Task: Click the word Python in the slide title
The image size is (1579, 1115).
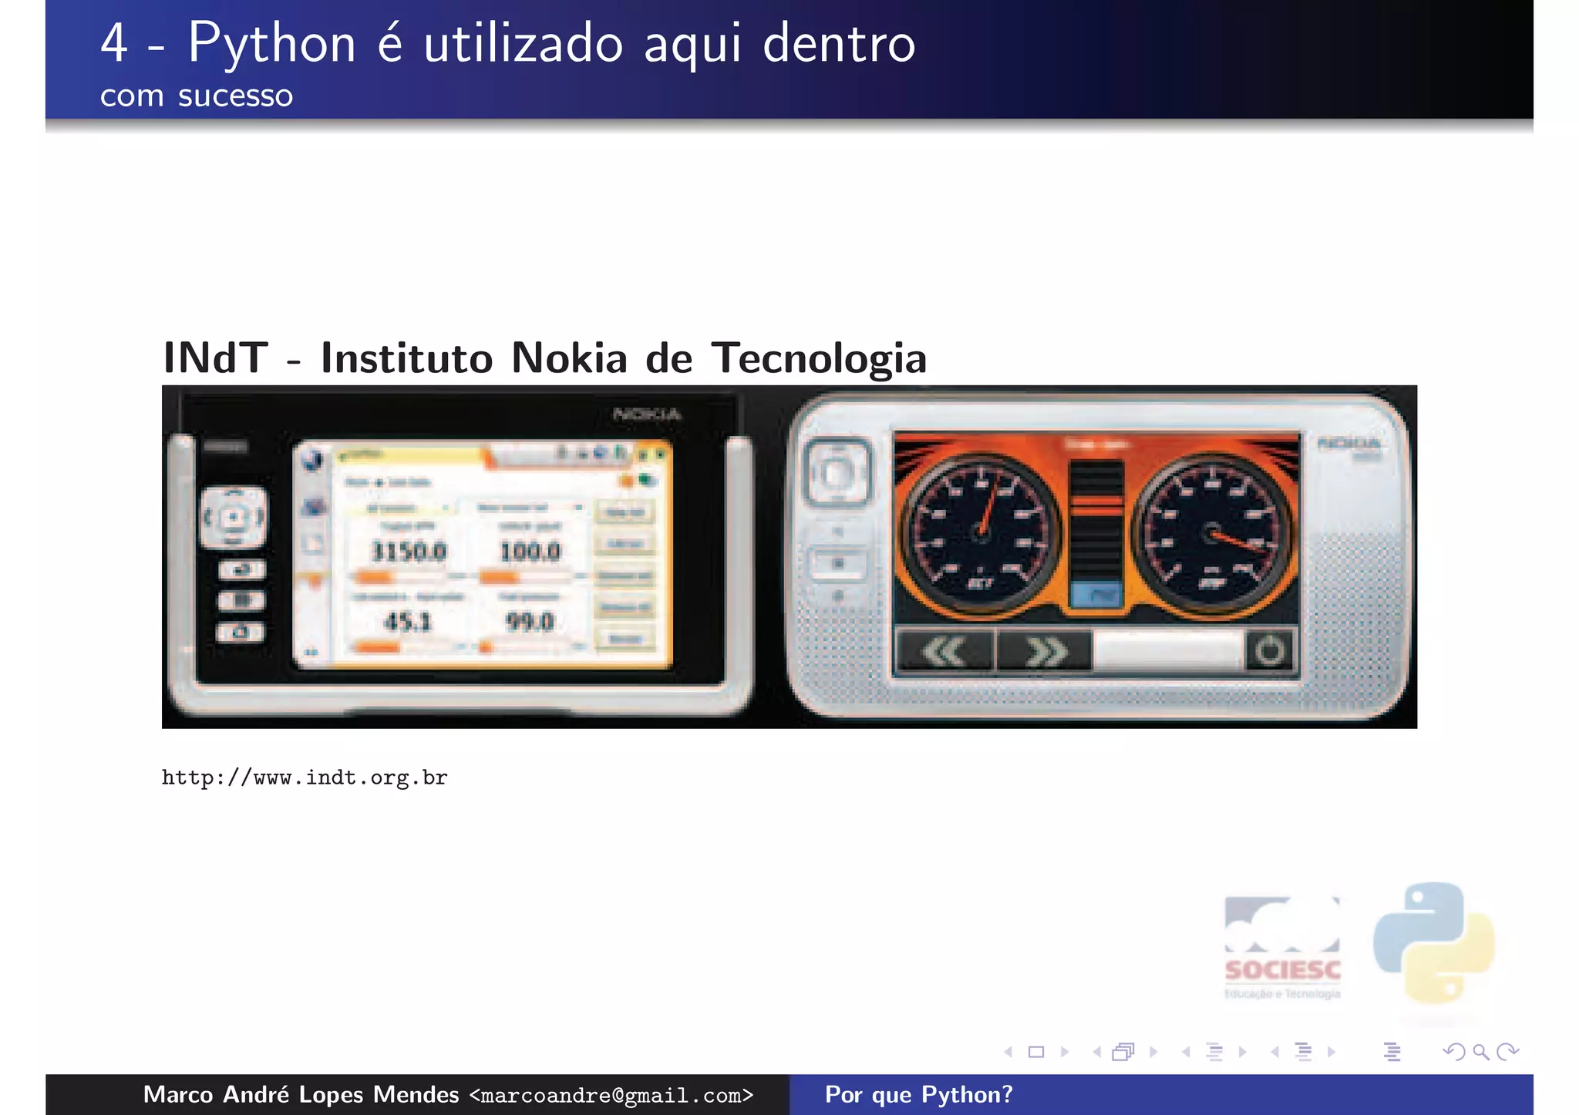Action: [x=271, y=45]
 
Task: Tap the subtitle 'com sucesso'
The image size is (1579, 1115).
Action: [x=197, y=96]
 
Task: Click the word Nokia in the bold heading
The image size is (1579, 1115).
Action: [x=569, y=358]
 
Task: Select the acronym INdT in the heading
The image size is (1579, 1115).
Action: [x=216, y=358]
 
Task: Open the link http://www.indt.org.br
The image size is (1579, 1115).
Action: [x=304, y=777]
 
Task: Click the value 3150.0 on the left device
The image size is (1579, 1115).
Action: [x=409, y=551]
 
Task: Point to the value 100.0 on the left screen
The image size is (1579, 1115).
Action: [x=530, y=551]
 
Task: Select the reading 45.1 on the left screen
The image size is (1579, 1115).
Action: [x=408, y=621]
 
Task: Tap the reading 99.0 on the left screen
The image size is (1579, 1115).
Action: [x=530, y=621]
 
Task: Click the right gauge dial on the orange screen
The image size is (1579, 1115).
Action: [x=1211, y=533]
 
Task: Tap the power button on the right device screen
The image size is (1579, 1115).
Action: [x=1269, y=651]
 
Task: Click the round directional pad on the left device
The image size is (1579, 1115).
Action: [x=234, y=517]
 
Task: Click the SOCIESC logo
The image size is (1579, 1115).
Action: [x=1282, y=948]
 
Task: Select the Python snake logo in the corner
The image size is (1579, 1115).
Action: [x=1433, y=942]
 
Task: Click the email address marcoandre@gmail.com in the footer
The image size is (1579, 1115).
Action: [x=611, y=1095]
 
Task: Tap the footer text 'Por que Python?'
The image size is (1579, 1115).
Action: [x=918, y=1095]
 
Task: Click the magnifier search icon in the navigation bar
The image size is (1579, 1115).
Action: [x=1480, y=1052]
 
